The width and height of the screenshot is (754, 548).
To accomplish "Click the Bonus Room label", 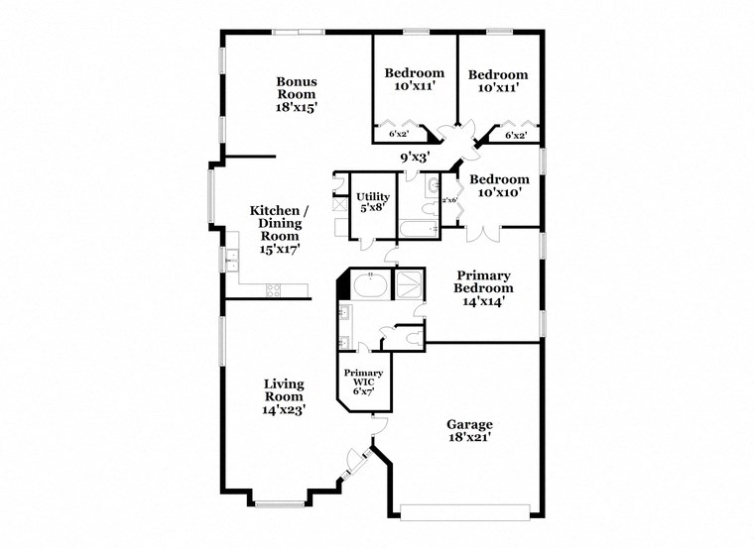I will pos(296,93).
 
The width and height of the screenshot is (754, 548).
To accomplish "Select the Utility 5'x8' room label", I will pos(373,203).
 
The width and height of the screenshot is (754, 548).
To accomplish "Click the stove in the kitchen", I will pos(273,290).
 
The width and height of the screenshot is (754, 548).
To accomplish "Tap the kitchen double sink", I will pos(231,261).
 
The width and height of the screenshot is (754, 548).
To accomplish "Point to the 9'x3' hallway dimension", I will pos(414,157).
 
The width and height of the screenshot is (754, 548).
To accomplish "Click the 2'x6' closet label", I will pos(449,200).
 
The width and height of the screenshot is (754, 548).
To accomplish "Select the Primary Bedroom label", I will pos(485,287).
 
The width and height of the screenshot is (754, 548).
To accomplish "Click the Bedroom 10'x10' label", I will pos(499,186).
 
